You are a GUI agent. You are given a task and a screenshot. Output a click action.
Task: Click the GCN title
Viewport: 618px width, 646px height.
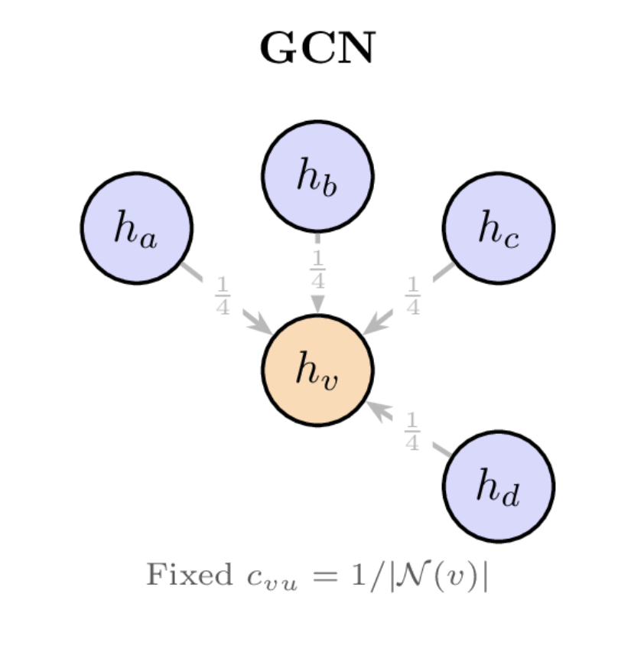coord(317,49)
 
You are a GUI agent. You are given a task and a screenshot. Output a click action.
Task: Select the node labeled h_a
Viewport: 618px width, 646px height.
coord(136,228)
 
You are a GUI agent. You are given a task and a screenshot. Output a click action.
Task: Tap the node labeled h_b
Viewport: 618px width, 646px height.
coord(317,176)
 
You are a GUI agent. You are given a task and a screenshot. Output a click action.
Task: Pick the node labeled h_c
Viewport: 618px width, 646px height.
coord(499,228)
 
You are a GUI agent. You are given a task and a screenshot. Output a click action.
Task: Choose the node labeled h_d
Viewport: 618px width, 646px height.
coord(499,486)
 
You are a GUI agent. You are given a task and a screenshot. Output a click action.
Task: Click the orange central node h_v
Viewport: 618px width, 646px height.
coord(317,370)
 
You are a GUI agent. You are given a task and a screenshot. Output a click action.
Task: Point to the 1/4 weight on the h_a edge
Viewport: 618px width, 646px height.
coord(223,296)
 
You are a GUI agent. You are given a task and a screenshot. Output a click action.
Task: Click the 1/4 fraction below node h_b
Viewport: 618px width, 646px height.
coord(317,269)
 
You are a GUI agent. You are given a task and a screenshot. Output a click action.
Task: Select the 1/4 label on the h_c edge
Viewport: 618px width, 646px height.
coord(412,296)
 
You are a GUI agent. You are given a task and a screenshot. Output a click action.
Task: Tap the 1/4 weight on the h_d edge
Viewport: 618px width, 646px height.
coord(411,432)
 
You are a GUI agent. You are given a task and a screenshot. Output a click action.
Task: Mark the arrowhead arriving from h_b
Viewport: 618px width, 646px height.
coord(317,305)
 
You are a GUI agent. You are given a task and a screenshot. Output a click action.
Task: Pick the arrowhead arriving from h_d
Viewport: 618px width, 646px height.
coord(378,409)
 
